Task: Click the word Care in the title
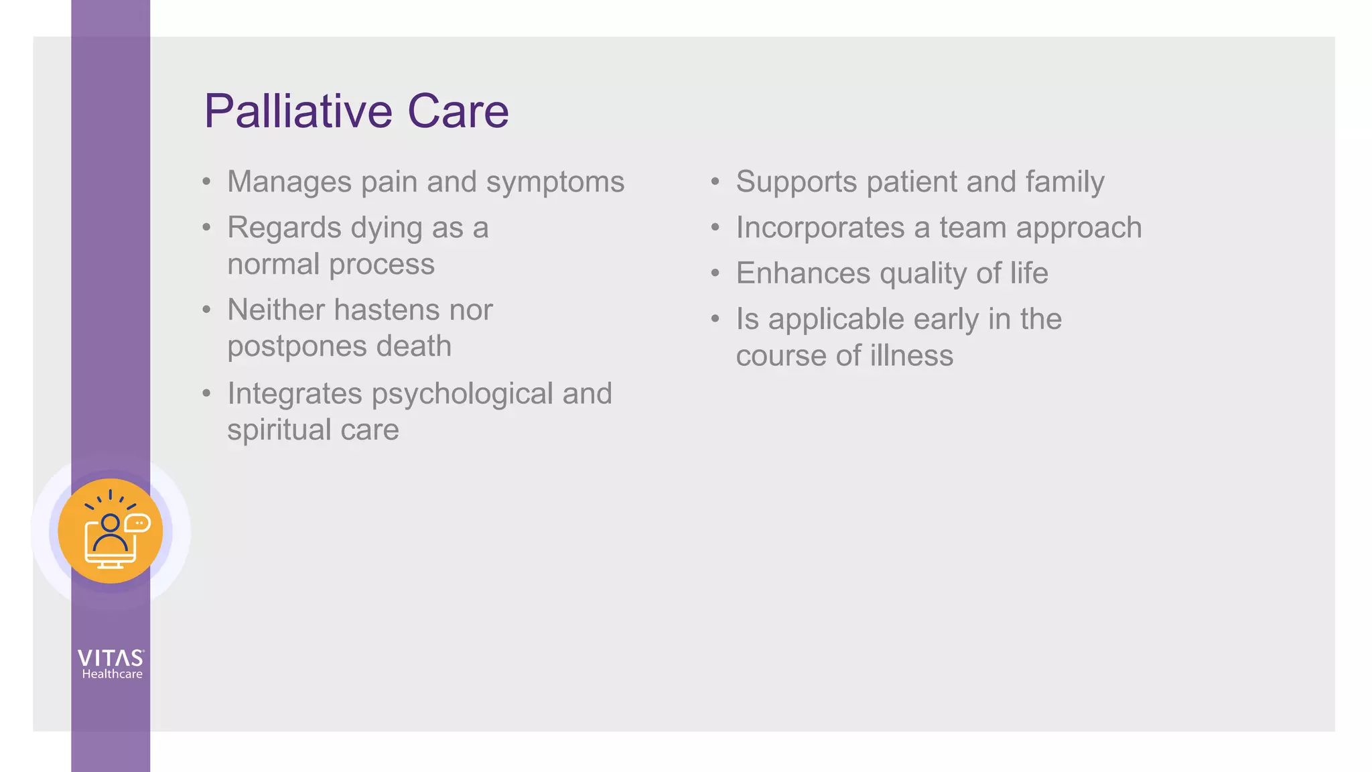458,111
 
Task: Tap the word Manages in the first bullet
289,182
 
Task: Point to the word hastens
387,310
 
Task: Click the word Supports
796,183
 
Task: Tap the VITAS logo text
111,658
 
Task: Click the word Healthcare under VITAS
112,674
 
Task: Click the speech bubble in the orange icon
138,523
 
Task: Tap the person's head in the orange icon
111,523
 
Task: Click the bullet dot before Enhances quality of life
715,273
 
